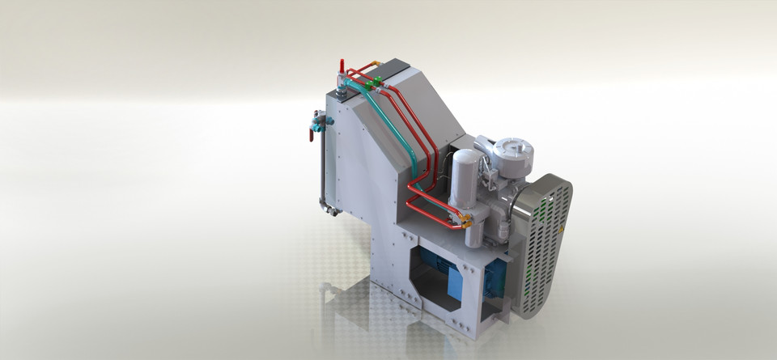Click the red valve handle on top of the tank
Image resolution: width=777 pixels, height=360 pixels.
[x=342, y=65]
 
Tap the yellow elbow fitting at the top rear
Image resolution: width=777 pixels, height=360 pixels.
[x=376, y=63]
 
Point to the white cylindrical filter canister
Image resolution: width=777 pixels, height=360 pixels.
[x=465, y=178]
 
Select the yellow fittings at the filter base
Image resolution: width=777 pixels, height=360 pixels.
[x=465, y=220]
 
